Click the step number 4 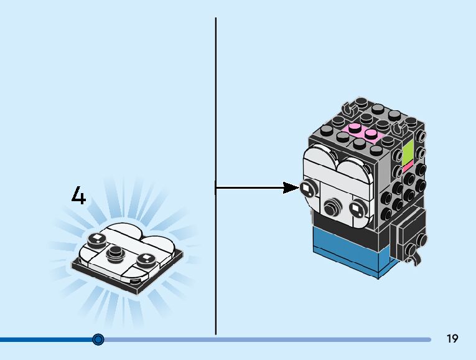pyautogui.click(x=78, y=196)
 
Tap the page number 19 pyautogui.click(x=452, y=339)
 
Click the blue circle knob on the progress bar pyautogui.click(x=98, y=339)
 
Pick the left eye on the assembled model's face pyautogui.click(x=308, y=187)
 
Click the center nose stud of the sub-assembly pyautogui.click(x=114, y=252)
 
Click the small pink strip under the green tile pyautogui.click(x=408, y=167)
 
